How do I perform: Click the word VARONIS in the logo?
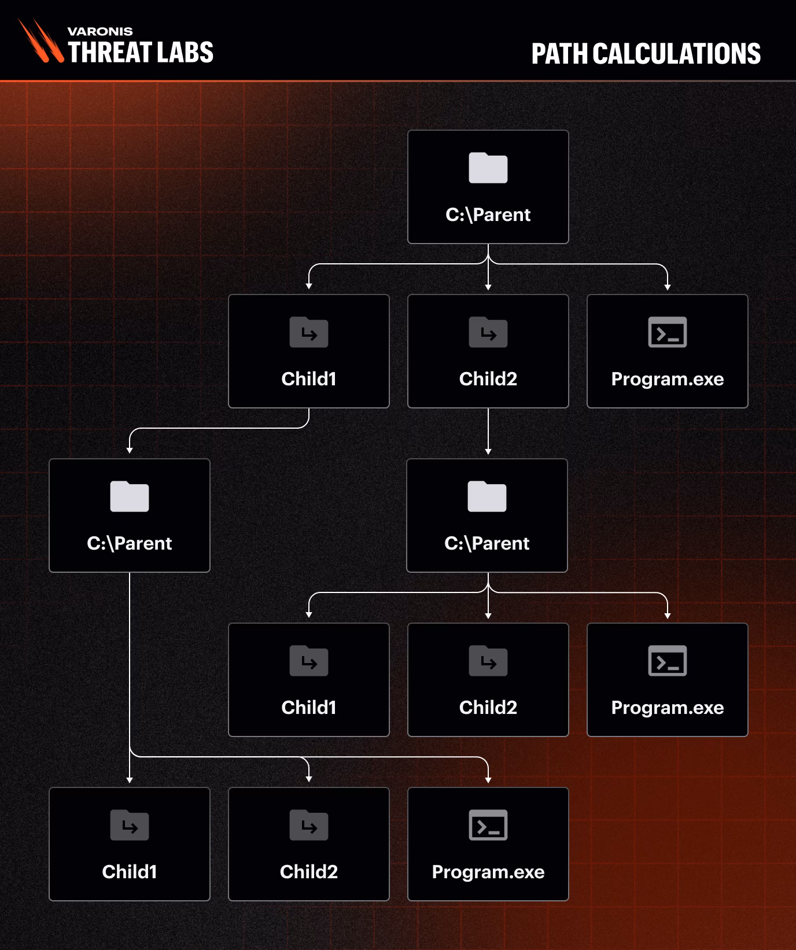100,31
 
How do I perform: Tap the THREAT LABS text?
141,52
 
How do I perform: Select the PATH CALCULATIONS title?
646,54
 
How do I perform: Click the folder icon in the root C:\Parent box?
488,168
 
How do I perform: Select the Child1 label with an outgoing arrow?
309,379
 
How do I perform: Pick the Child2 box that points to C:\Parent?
488,351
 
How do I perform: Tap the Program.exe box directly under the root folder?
668,351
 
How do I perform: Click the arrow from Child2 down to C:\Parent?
488,431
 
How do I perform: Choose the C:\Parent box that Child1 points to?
130,515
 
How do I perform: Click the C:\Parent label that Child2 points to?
487,543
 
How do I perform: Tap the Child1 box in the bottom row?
130,844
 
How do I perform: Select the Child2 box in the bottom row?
309,844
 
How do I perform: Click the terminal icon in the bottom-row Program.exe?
488,825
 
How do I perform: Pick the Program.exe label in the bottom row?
488,872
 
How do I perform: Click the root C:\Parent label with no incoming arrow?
488,215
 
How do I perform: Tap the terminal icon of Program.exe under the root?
668,332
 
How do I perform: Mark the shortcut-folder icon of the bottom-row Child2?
309,825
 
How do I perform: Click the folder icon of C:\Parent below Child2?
487,496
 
